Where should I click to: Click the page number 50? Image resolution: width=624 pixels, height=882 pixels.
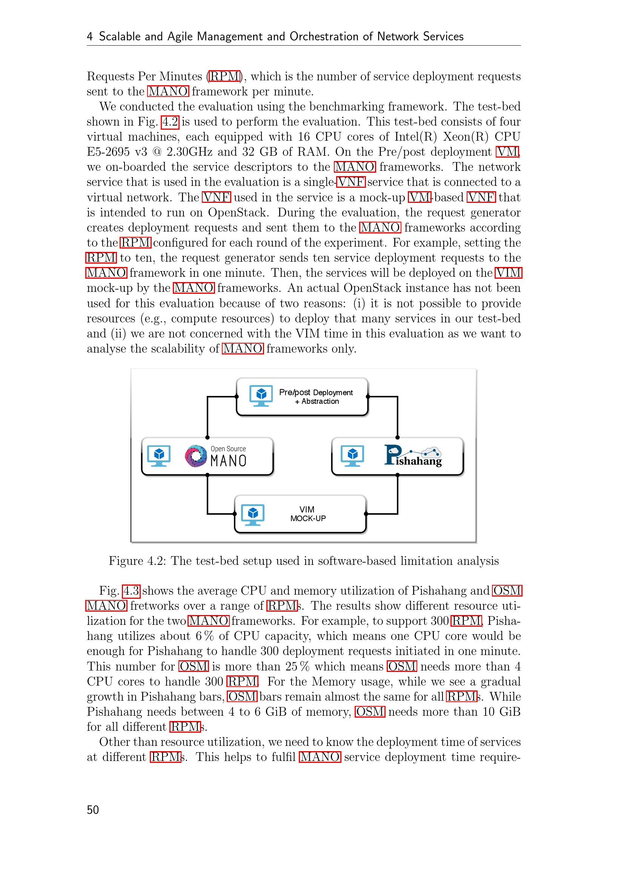(x=92, y=810)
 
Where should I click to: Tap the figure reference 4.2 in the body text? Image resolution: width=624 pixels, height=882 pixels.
(x=170, y=122)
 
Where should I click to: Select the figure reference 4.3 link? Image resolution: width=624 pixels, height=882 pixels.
(x=131, y=591)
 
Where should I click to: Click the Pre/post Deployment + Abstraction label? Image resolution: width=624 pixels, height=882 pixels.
(x=316, y=396)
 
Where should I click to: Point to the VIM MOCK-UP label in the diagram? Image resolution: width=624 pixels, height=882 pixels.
(x=307, y=514)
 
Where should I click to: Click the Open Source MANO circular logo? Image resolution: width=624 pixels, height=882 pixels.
(x=196, y=456)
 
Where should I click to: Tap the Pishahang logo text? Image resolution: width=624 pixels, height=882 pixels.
(x=413, y=456)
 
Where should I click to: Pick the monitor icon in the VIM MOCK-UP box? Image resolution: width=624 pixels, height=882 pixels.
(x=253, y=514)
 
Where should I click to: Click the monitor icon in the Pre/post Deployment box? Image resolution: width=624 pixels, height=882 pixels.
(x=261, y=396)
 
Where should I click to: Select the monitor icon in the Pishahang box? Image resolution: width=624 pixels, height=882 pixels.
(x=352, y=456)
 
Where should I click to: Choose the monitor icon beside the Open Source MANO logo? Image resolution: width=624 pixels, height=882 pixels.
(x=159, y=456)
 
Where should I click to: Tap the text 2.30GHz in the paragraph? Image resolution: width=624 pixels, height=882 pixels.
(x=189, y=152)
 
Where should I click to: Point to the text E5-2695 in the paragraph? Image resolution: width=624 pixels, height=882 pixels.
(x=108, y=152)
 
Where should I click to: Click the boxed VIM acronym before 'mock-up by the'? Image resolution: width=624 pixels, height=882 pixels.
(x=508, y=273)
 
